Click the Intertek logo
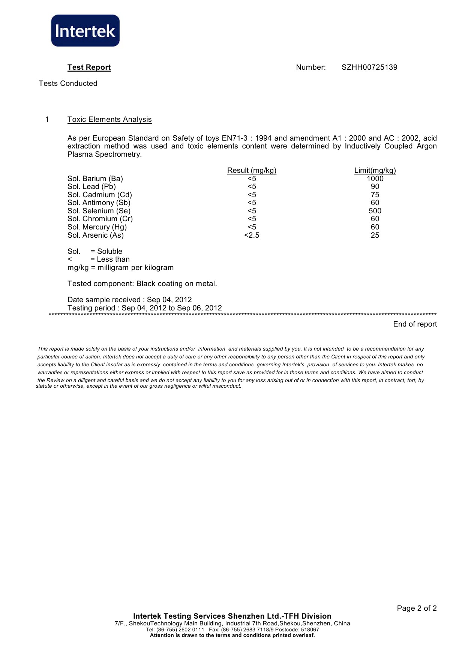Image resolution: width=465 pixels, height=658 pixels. (x=85, y=31)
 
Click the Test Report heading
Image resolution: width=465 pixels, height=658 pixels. (x=89, y=67)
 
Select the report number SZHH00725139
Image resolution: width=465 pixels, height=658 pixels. (x=369, y=67)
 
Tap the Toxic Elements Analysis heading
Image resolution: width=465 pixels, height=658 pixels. (x=109, y=120)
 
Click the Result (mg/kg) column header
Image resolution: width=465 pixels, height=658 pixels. (x=252, y=171)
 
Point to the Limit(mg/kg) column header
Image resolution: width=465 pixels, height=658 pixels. (x=375, y=171)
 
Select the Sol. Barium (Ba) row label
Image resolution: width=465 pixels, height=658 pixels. (x=95, y=179)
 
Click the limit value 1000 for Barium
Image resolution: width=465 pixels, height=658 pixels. (x=375, y=179)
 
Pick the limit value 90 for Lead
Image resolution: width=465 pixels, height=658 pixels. (x=375, y=187)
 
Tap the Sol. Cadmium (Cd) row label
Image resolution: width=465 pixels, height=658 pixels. (x=100, y=195)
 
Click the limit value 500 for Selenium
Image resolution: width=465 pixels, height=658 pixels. (x=375, y=211)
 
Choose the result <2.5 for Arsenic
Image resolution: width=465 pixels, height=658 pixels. (x=252, y=235)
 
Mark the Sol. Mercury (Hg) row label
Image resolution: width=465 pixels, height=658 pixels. (x=97, y=227)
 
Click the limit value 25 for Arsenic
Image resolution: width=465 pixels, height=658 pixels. (x=375, y=235)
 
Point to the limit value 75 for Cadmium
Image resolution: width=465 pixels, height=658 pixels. (x=375, y=195)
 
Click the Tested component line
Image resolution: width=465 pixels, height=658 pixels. (x=142, y=284)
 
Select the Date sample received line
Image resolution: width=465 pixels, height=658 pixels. (x=129, y=300)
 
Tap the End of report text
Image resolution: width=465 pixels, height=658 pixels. (x=415, y=324)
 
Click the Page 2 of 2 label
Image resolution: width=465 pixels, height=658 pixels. (x=417, y=609)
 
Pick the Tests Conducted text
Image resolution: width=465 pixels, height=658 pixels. (x=68, y=84)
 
